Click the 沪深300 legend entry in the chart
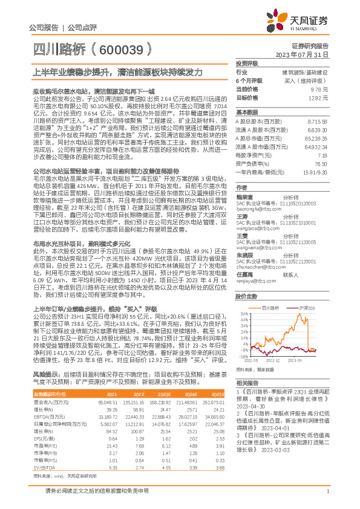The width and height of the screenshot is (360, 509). click(309, 308)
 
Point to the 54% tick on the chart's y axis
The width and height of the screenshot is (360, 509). click(242, 314)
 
